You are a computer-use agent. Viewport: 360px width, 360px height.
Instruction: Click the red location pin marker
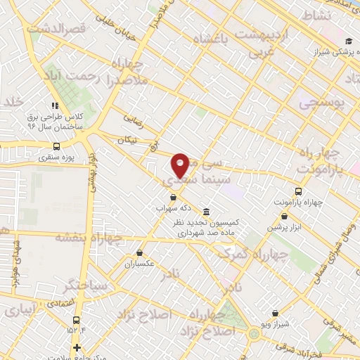click(180, 165)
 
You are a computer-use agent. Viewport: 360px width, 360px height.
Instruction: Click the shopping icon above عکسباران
click(139, 253)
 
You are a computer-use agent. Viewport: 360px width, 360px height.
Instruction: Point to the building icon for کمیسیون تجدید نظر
click(206, 212)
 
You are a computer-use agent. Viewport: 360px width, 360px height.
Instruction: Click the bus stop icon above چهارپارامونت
click(299, 191)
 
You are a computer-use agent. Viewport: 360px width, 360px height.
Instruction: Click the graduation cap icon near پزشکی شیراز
click(349, 41)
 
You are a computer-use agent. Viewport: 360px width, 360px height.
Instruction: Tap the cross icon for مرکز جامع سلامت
click(77, 347)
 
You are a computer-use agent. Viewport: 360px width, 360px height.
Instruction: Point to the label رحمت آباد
click(74, 75)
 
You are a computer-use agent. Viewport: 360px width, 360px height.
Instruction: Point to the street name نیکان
click(127, 141)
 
